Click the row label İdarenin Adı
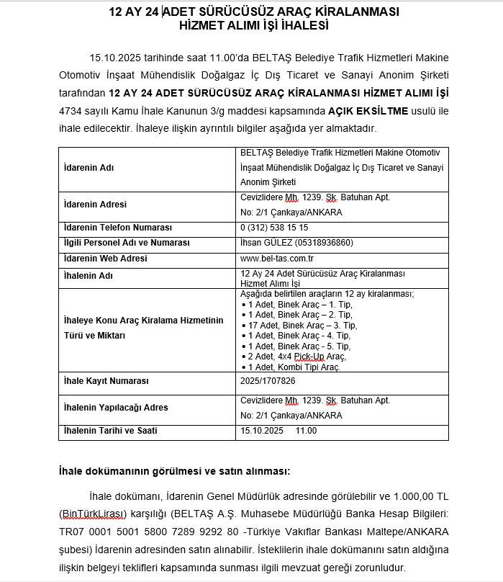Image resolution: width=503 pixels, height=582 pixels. pyautogui.click(x=89, y=168)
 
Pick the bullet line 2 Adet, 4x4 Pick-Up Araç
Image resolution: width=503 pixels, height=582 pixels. pyautogui.click(x=295, y=357)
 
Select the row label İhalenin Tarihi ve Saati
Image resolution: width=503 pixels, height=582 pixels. pyautogui.click(x=110, y=431)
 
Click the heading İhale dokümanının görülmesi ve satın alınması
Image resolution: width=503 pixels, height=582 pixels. pyautogui.click(x=174, y=472)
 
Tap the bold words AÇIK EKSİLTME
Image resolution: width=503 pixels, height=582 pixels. pyautogui.click(x=368, y=111)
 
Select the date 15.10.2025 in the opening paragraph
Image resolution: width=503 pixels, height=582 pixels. pyautogui.click(x=114, y=57)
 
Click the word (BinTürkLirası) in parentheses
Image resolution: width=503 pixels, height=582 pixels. pyautogui.click(x=93, y=514)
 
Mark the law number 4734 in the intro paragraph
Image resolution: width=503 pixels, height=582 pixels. pyautogui.click(x=72, y=111)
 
